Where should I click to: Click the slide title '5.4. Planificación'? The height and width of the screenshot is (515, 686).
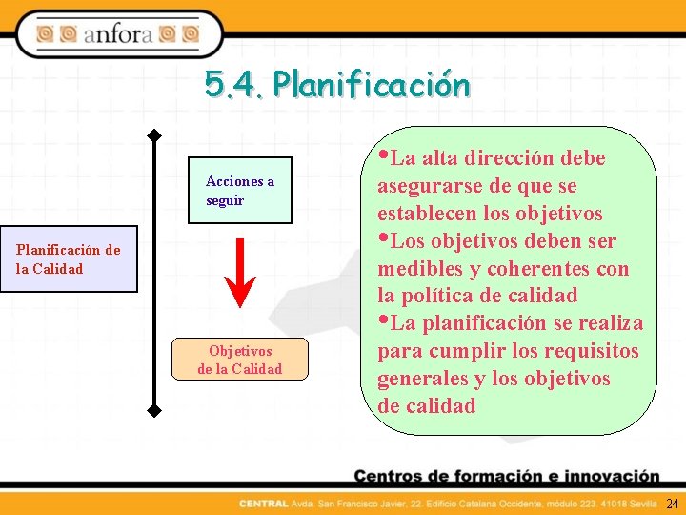point(337,85)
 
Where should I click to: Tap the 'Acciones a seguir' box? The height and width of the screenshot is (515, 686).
point(239,191)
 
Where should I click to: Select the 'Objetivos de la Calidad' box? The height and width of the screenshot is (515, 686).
point(240,360)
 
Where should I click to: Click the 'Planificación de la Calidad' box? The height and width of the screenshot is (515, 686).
point(69,259)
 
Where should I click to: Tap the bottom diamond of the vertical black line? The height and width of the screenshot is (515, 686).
point(153,412)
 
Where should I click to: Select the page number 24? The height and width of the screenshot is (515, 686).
point(673,503)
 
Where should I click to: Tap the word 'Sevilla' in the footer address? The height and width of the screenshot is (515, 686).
point(644,504)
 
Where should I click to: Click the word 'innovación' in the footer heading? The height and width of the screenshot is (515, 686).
point(609,476)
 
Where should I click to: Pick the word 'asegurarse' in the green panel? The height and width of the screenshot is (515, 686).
point(426,185)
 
